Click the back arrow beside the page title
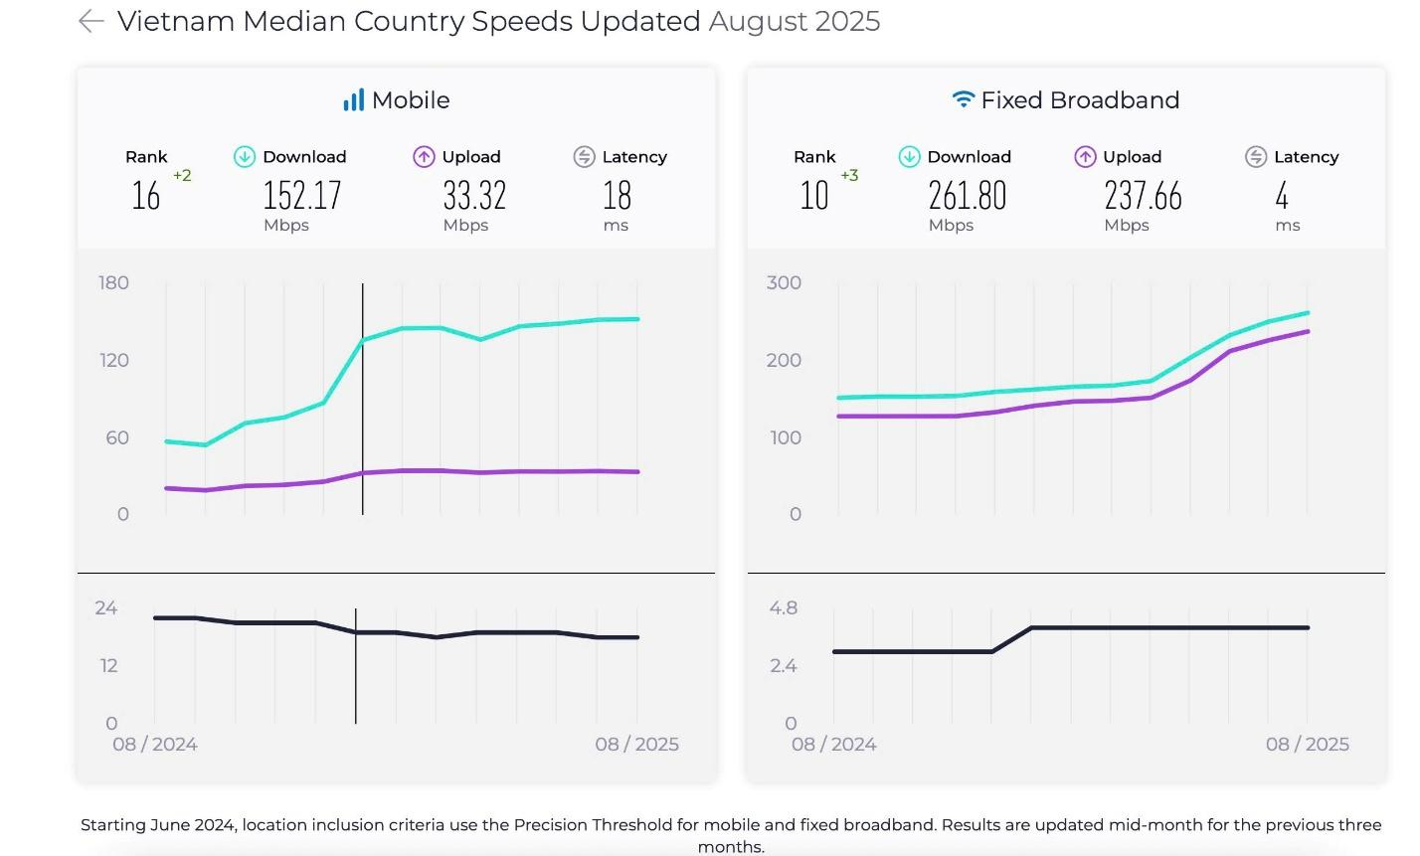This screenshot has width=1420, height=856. coord(90,21)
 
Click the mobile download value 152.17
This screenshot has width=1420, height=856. coord(302,195)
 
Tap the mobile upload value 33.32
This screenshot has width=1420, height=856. coord(474,195)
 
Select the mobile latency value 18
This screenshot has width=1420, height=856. coord(617,195)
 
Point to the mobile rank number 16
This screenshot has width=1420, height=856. coord(146,195)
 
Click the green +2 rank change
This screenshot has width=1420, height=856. coord(182,176)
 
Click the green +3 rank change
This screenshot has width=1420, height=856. coord(849,176)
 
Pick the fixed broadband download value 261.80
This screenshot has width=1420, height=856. coord(968,195)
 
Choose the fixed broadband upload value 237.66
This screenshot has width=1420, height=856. coord(1143,195)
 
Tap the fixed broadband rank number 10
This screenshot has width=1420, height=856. coord(814,195)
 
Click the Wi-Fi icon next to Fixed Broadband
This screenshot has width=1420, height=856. coord(963,99)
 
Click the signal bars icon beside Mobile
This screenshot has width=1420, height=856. coord(353,99)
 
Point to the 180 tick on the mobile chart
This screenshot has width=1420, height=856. coord(114,282)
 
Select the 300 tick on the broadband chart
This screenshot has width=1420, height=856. coord(784,282)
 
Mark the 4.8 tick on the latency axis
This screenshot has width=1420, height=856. coord(784,607)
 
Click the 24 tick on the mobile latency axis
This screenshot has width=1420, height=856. coord(106,607)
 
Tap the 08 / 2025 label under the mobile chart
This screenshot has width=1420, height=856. coord(636,744)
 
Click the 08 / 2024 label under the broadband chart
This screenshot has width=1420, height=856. coord(833,744)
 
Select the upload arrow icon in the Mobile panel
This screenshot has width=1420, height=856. coord(424,157)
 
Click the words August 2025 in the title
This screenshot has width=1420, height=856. coord(794,21)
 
